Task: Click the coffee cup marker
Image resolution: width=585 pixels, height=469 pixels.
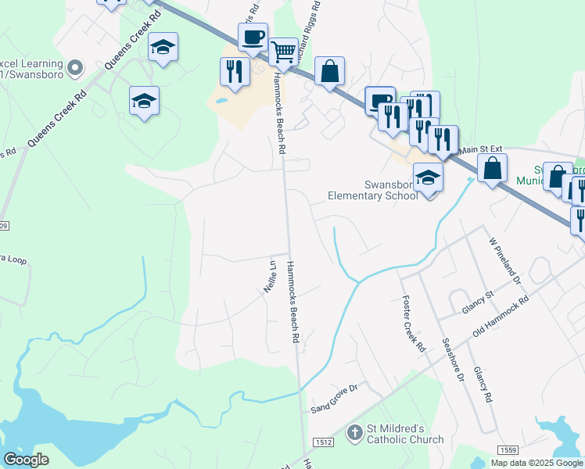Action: click(253, 38)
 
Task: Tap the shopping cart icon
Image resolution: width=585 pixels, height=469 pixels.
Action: click(283, 52)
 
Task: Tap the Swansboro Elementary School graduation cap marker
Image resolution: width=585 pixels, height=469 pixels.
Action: click(429, 177)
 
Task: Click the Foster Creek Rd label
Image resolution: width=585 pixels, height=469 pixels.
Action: click(412, 323)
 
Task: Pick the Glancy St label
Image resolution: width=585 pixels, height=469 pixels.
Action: click(478, 303)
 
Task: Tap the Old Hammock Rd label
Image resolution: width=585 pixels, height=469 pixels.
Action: click(501, 317)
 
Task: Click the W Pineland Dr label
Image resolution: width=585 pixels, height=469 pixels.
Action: click(504, 261)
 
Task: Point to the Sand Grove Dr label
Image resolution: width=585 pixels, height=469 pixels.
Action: click(334, 404)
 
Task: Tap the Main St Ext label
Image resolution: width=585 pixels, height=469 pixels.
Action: click(479, 150)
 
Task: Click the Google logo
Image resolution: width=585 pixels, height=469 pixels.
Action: click(27, 460)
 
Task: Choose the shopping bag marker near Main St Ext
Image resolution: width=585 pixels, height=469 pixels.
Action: click(492, 168)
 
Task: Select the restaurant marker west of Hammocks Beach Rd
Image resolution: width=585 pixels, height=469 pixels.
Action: click(235, 72)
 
